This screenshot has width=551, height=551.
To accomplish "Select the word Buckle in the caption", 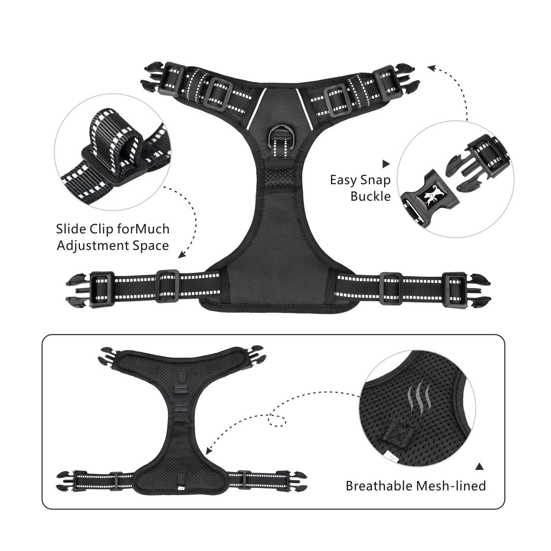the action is pos(371,196).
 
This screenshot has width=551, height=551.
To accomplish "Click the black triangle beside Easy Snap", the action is pos(386,164).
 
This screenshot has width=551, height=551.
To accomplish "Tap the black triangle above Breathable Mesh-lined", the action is pos(479,467).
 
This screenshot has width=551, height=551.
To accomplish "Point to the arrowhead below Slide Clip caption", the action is pos(181,254).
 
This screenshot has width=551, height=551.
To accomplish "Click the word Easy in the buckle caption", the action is pos(341,181).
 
